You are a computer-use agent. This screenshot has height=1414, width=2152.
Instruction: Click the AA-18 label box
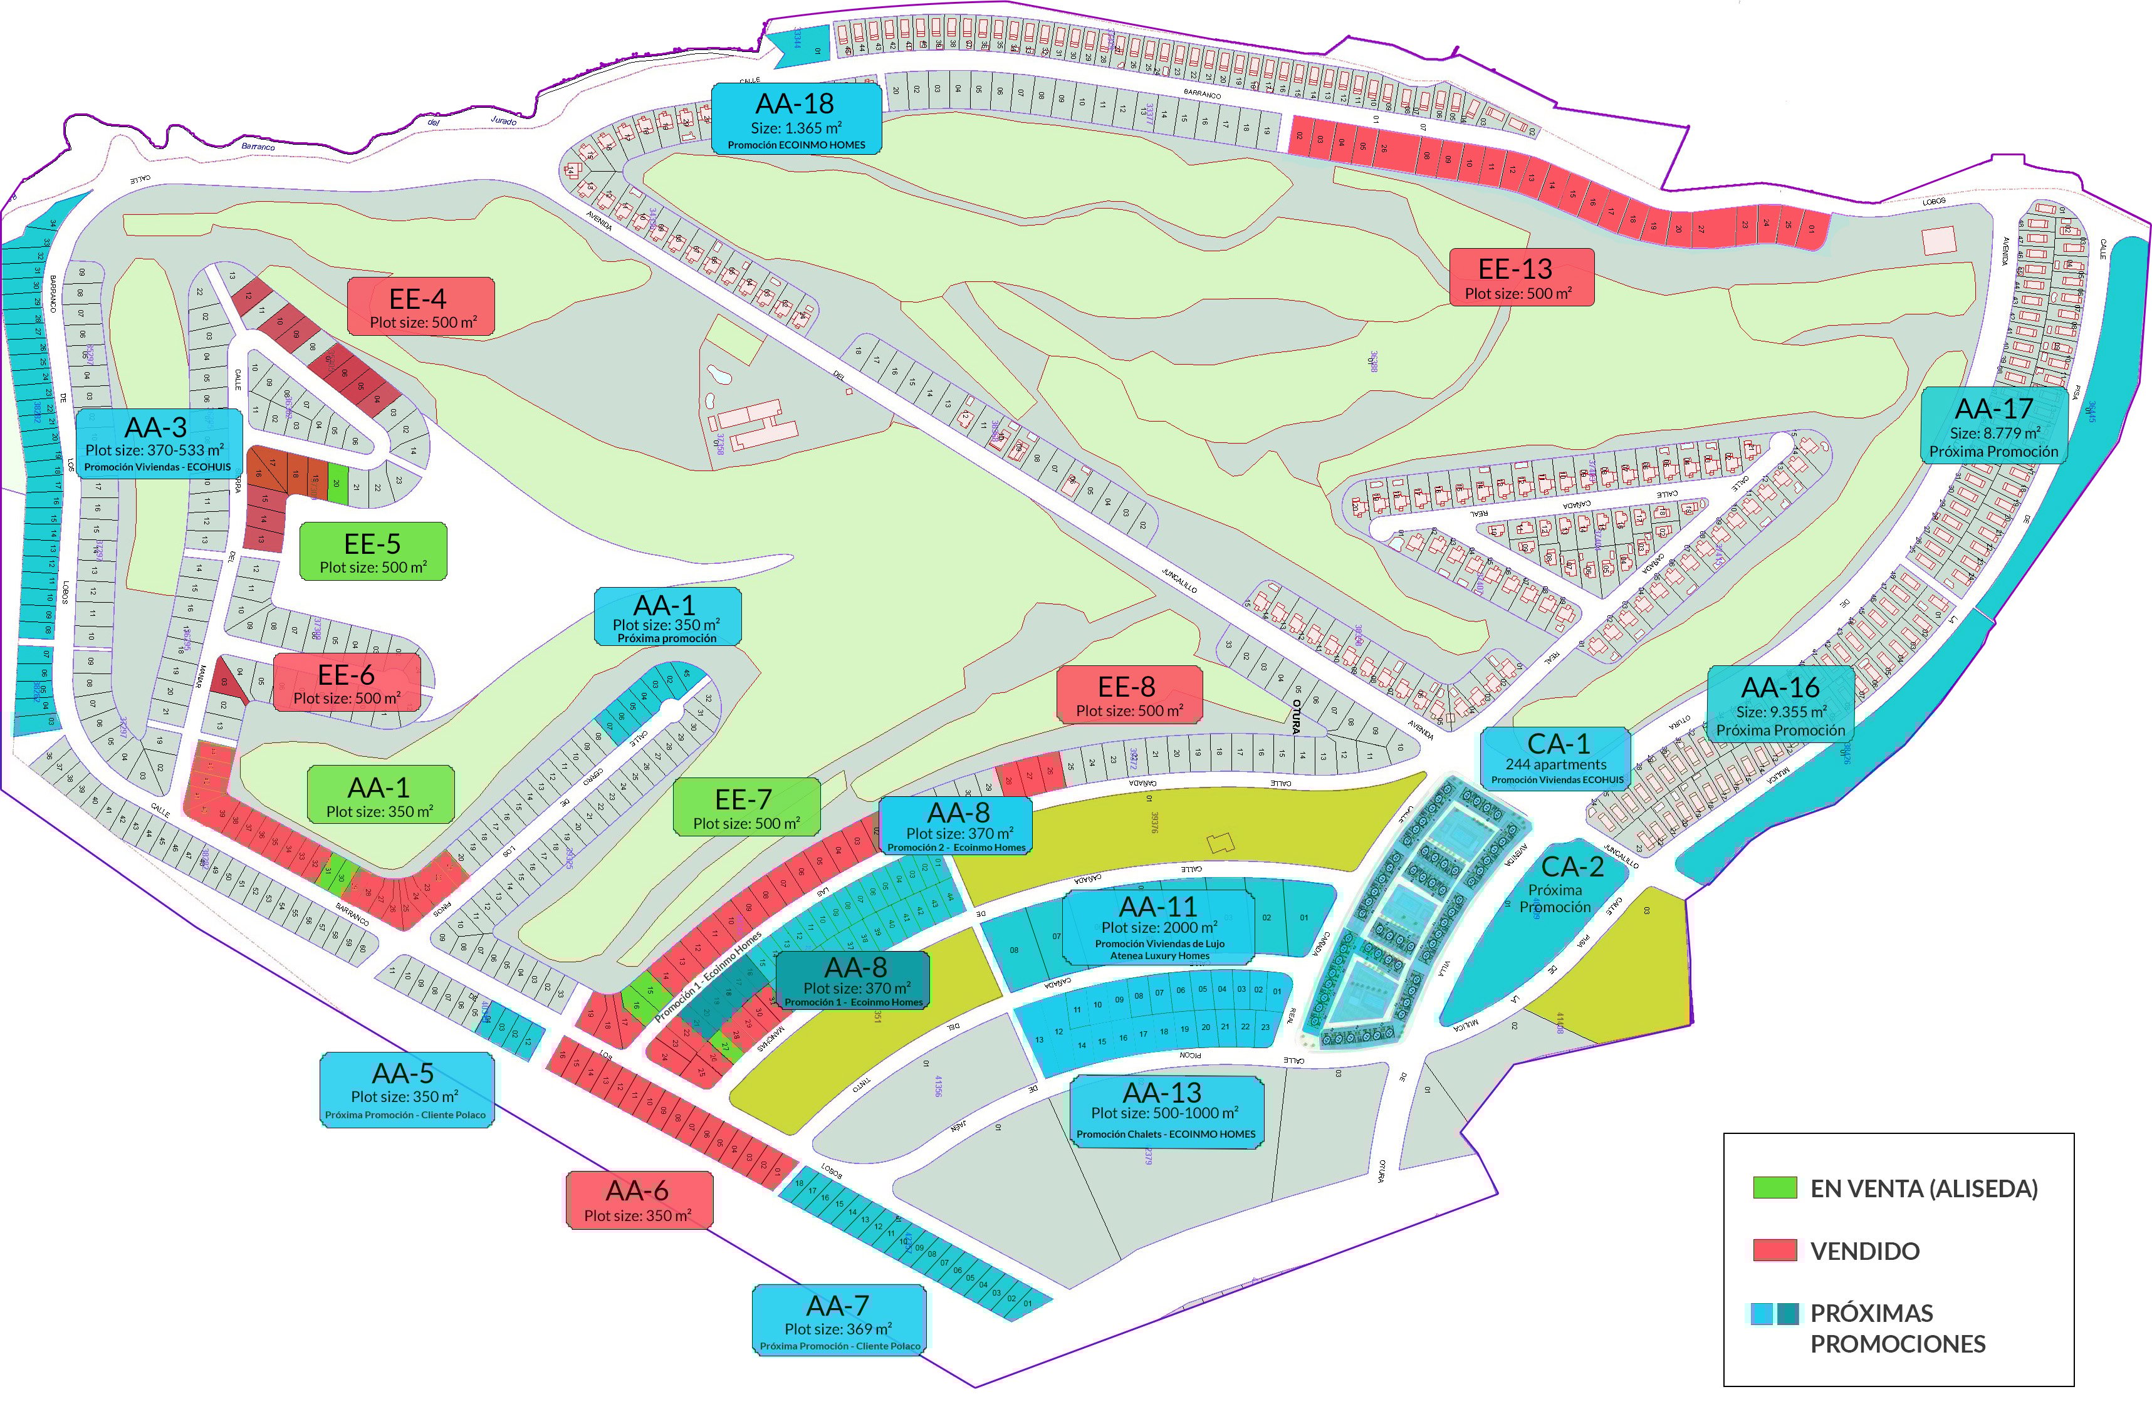click(x=796, y=118)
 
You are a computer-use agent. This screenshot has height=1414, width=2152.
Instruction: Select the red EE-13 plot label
click(x=1521, y=278)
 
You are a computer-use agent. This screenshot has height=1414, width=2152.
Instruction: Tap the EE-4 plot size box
click(x=420, y=306)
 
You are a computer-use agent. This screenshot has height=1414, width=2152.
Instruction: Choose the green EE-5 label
click(x=372, y=551)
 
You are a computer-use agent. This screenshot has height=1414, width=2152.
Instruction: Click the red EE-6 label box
click(x=347, y=683)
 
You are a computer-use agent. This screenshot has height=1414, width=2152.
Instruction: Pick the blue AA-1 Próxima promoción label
click(x=667, y=616)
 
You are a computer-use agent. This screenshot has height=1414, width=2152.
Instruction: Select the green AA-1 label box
click(x=380, y=794)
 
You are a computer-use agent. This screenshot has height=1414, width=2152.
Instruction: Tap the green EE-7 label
click(x=746, y=806)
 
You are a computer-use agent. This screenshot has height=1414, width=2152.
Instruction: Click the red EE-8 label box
click(x=1129, y=694)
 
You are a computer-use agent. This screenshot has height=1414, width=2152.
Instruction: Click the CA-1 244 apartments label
click(x=1555, y=757)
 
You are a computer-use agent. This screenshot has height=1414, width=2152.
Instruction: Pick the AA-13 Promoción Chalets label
click(x=1166, y=1112)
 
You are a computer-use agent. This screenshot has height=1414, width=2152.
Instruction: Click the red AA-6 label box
click(x=639, y=1200)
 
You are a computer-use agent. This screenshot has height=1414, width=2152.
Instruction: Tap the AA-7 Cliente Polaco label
click(x=839, y=1320)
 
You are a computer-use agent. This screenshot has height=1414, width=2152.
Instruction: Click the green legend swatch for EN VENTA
click(x=1774, y=1188)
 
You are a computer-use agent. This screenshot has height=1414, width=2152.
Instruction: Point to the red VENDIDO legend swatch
click(x=1774, y=1250)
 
